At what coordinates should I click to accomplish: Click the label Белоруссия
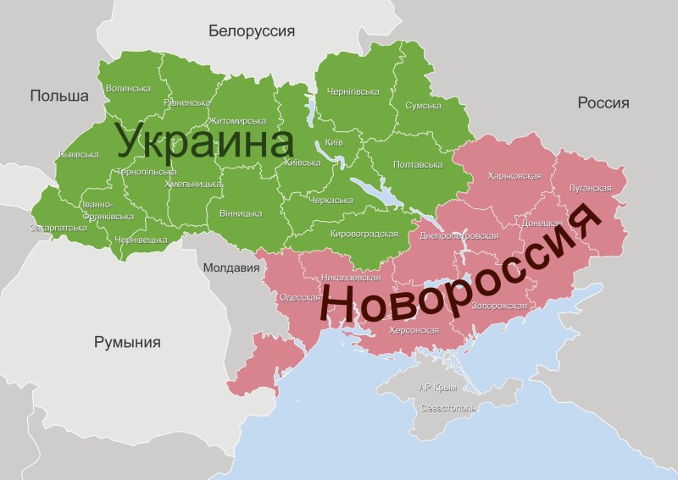[x=252, y=31]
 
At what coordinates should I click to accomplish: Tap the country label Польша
[x=59, y=96]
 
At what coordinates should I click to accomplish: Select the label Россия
[x=603, y=102]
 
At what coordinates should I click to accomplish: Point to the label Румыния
[x=127, y=343]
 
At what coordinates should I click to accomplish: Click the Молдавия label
[x=231, y=268]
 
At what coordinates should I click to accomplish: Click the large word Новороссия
[x=462, y=268]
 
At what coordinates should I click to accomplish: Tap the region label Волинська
[x=128, y=88]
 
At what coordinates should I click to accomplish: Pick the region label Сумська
[x=423, y=106]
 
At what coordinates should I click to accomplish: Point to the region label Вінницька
[x=240, y=213]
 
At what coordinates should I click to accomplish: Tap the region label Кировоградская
[x=364, y=234]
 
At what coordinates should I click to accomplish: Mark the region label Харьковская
[x=514, y=176]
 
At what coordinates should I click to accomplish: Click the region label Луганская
[x=591, y=188]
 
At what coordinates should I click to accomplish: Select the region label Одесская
[x=299, y=297]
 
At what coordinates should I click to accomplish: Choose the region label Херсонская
[x=414, y=330]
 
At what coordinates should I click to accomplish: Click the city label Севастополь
[x=448, y=407]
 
